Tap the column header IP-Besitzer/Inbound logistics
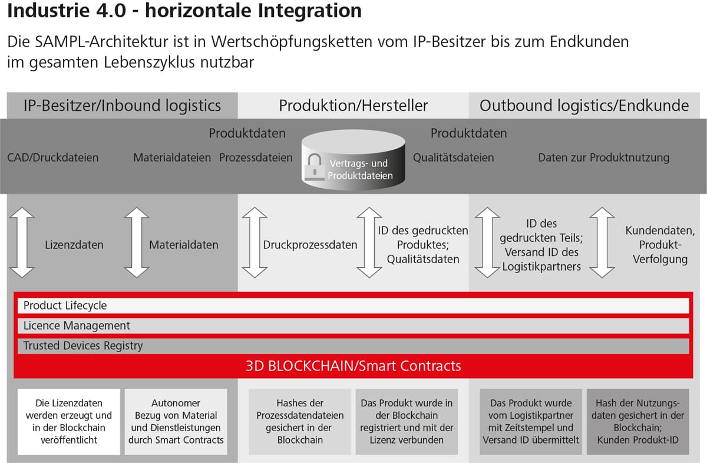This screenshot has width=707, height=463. (x=122, y=106)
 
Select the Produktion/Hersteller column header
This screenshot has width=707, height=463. (x=353, y=106)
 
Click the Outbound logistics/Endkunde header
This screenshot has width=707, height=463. (x=584, y=106)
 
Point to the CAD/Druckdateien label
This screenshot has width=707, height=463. (x=52, y=157)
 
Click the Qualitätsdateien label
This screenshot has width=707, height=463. (x=453, y=157)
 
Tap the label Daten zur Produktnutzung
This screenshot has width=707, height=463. (x=603, y=157)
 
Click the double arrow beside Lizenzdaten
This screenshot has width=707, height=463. (x=22, y=242)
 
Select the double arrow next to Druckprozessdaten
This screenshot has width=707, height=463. (x=255, y=242)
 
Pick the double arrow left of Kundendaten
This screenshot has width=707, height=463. (x=602, y=242)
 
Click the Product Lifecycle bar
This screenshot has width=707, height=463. (x=353, y=306)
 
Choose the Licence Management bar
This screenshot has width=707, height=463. (x=353, y=326)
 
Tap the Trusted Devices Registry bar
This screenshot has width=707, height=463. (x=353, y=346)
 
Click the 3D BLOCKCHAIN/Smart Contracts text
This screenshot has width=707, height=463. (x=353, y=366)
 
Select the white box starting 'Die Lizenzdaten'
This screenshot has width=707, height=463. (x=69, y=422)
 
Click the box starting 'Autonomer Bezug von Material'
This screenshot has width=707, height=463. (x=176, y=422)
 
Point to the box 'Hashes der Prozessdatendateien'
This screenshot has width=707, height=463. (x=300, y=422)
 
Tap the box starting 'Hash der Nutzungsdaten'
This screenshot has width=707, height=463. (x=638, y=422)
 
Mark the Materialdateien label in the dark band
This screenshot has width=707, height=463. (x=172, y=157)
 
